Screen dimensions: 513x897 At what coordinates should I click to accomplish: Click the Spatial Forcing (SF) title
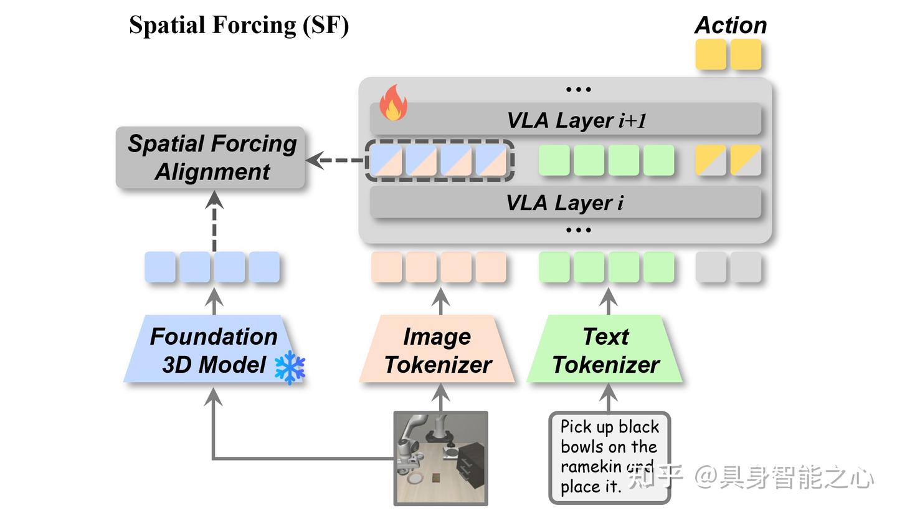pos(239,26)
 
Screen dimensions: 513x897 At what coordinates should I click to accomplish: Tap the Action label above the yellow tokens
pos(730,26)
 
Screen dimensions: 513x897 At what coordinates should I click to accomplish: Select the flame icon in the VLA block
pos(393,103)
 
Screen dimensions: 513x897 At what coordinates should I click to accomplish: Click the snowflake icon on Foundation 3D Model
pos(290,367)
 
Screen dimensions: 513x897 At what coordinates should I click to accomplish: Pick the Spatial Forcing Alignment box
pos(211,158)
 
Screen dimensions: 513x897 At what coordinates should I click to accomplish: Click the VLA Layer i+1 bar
pos(566,120)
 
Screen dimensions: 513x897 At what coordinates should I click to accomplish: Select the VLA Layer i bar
pos(566,203)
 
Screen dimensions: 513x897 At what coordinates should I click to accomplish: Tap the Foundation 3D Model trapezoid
pos(214,350)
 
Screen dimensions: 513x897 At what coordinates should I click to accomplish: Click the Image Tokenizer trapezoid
pos(437,350)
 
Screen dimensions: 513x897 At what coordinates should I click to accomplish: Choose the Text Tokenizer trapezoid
pos(605,350)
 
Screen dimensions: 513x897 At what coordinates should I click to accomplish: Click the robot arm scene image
pos(441,458)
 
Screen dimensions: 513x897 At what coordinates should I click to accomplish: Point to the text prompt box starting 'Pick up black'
pos(609,457)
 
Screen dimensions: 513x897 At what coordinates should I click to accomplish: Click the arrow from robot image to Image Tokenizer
pos(441,397)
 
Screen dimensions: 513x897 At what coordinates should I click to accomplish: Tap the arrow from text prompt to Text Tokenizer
pos(609,397)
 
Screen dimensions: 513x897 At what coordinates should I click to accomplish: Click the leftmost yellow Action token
pos(711,54)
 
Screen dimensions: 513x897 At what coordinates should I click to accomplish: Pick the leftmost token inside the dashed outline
pos(386,160)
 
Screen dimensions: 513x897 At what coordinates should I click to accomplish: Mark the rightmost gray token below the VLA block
pos(746,267)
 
